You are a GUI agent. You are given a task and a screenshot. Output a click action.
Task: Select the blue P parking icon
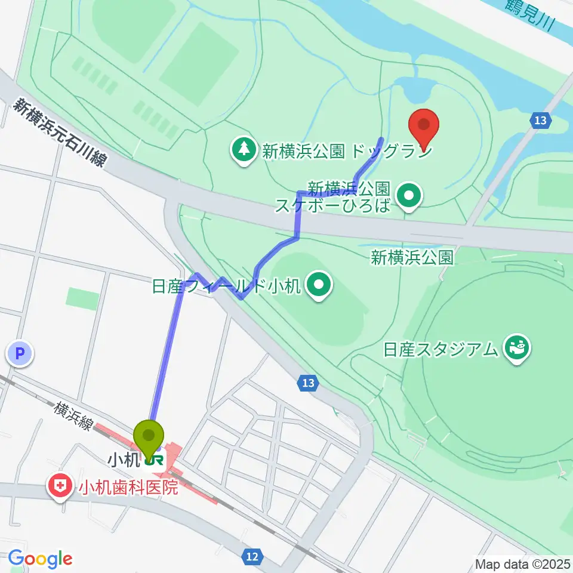tap(20, 355)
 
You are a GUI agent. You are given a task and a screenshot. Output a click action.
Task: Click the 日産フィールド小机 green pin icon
tap(319, 287)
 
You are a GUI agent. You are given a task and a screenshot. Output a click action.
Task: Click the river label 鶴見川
tap(529, 16)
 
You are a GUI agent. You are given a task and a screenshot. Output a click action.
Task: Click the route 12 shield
tap(252, 556)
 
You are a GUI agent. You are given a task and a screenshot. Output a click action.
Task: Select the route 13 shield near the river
tap(540, 121)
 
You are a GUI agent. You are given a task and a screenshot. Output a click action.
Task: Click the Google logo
tap(39, 559)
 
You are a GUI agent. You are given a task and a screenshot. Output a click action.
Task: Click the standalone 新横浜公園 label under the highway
tap(412, 258)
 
